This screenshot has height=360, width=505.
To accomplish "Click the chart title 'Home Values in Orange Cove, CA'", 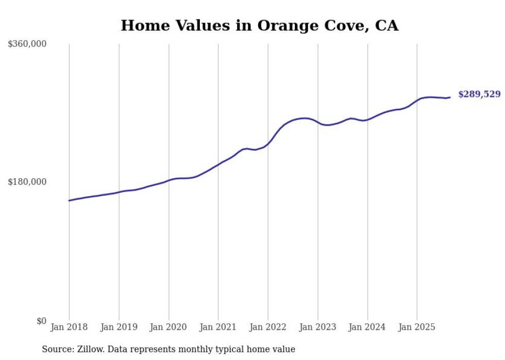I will click(259, 25).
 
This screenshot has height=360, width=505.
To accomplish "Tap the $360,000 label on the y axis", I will click(27, 44).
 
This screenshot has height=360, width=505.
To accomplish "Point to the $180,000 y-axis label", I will click(27, 182).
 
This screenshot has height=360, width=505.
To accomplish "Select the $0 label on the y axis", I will click(41, 321).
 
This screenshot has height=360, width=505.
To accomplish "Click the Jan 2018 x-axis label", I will click(69, 327).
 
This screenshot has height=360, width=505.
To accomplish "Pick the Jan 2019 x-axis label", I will click(119, 327).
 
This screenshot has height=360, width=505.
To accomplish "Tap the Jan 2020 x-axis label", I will click(169, 327).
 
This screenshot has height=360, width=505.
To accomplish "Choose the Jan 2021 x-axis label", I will click(218, 327).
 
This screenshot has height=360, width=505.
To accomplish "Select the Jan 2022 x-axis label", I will click(268, 327).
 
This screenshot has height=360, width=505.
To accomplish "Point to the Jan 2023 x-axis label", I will click(317, 327).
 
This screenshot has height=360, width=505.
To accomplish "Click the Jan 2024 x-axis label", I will click(367, 327).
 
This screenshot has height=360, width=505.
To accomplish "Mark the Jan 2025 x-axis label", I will click(417, 327).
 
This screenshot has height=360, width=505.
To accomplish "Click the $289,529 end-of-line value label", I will click(479, 94).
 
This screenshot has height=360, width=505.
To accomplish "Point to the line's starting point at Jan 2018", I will click(69, 200).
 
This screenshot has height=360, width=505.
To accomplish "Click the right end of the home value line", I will click(450, 97).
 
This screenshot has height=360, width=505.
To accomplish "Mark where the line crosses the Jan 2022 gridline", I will click(268, 143).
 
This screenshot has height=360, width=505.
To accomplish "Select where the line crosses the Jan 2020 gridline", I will click(169, 180).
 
